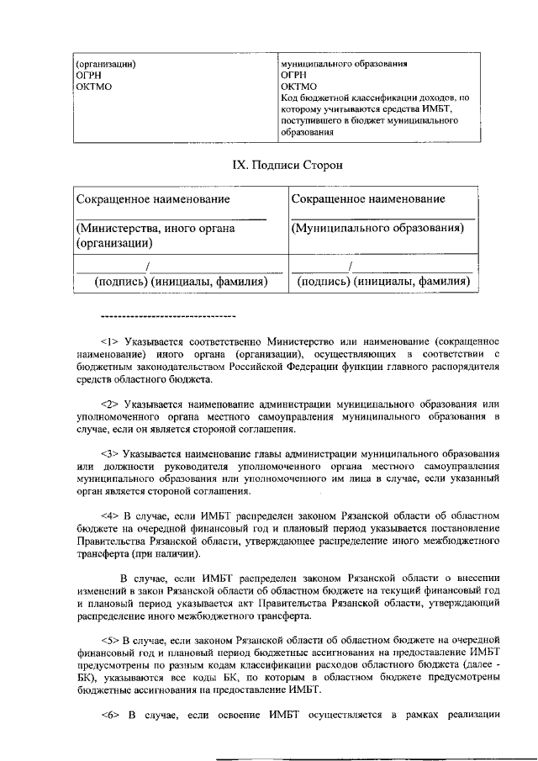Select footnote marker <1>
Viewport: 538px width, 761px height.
110,342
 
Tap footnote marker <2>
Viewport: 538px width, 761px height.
110,404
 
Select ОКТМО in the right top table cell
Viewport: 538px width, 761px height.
299,86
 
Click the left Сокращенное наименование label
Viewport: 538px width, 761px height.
153,199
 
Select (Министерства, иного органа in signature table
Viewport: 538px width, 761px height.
156,228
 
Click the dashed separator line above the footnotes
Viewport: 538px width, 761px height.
168,316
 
